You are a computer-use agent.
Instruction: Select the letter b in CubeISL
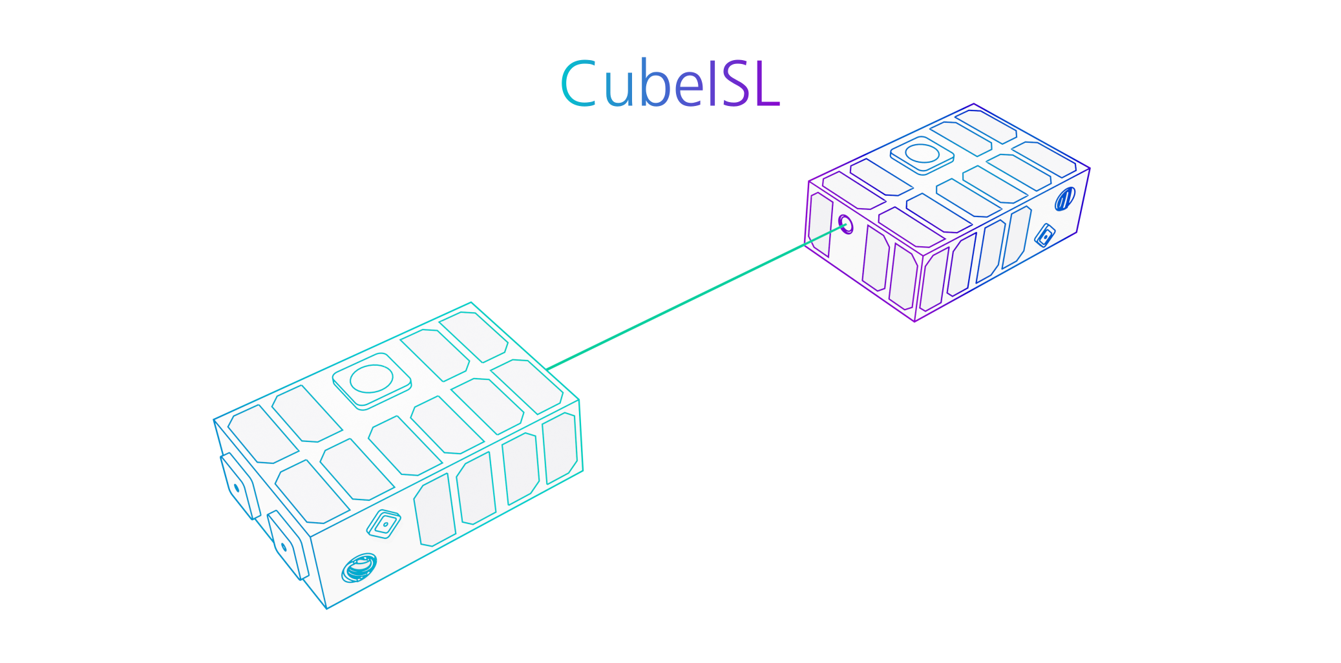click(656, 83)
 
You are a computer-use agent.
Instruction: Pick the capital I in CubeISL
click(713, 83)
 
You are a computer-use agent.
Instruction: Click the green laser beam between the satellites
click(696, 297)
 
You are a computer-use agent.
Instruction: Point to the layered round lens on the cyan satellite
click(359, 568)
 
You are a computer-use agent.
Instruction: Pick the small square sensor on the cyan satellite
click(384, 524)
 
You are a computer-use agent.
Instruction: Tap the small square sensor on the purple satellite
click(1045, 235)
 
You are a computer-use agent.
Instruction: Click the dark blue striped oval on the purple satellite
click(1064, 199)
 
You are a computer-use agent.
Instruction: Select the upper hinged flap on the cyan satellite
click(240, 485)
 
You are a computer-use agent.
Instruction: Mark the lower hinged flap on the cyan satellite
click(288, 545)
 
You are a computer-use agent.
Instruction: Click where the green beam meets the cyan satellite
click(547, 370)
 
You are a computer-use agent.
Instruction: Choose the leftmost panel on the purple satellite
click(820, 224)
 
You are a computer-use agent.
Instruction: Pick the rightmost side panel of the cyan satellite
click(560, 448)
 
